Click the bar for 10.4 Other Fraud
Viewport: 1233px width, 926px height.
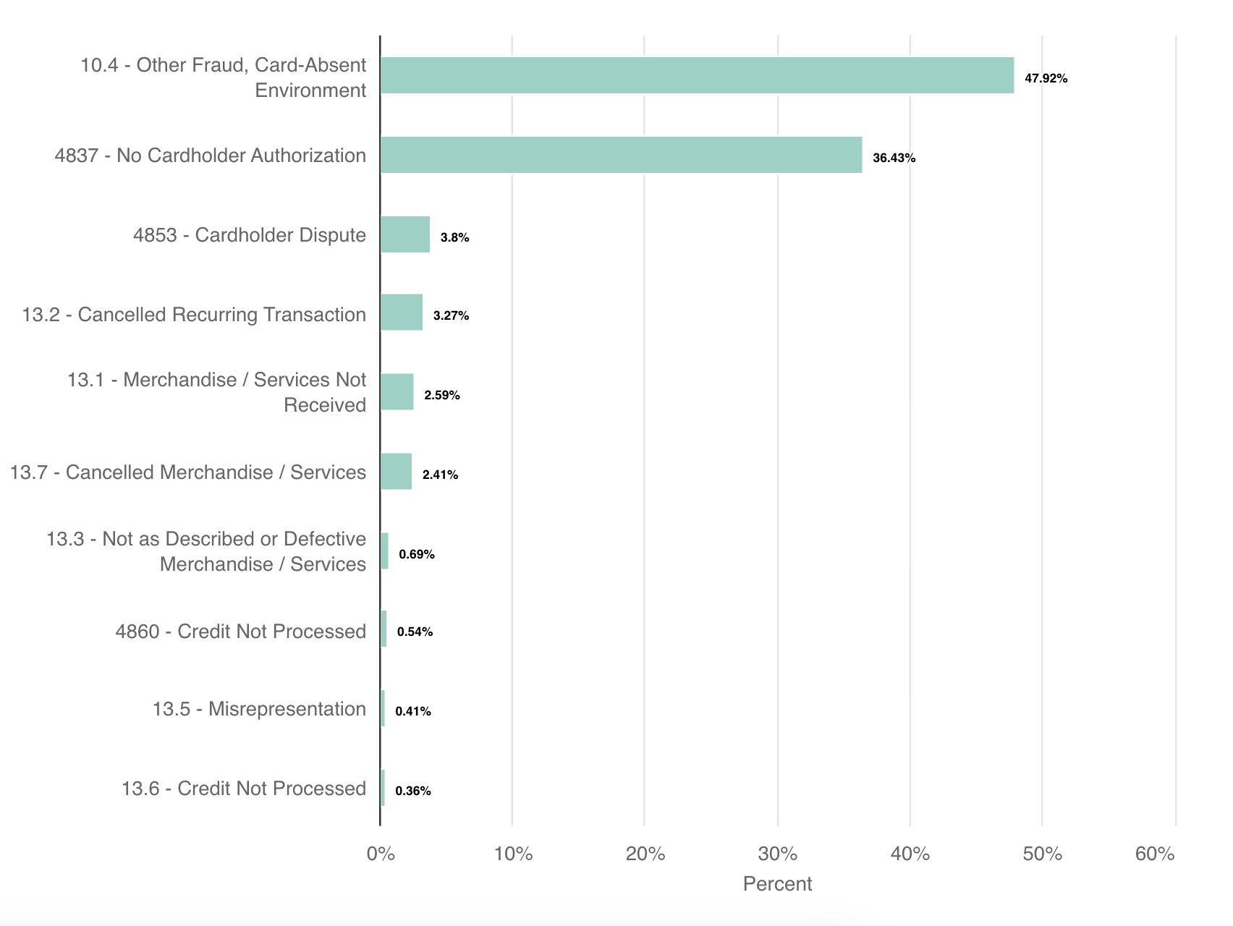[697, 75]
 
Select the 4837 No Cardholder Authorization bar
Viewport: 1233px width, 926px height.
[621, 155]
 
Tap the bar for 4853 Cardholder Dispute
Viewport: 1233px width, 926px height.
[405, 234]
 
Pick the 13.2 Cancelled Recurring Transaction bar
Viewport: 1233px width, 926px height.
[402, 313]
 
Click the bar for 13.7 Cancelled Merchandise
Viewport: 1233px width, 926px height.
[397, 472]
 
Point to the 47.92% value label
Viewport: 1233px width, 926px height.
[1046, 78]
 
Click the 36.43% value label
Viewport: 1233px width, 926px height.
[894, 158]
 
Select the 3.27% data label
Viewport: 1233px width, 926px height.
[451, 315]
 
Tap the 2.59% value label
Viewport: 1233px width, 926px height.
[442, 395]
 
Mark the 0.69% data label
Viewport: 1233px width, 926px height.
[417, 554]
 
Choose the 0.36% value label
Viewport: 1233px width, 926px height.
[413, 791]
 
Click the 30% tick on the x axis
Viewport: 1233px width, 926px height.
[778, 854]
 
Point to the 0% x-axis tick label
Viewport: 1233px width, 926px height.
[381, 854]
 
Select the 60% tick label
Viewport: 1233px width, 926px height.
[1155, 854]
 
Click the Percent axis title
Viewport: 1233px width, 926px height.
[777, 883]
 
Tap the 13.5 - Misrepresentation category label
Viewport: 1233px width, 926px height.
[259, 709]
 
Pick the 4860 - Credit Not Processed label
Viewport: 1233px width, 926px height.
[240, 632]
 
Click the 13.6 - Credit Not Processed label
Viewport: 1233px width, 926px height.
[243, 789]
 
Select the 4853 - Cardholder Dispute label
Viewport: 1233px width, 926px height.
[250, 235]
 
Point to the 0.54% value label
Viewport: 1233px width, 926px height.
[415, 632]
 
